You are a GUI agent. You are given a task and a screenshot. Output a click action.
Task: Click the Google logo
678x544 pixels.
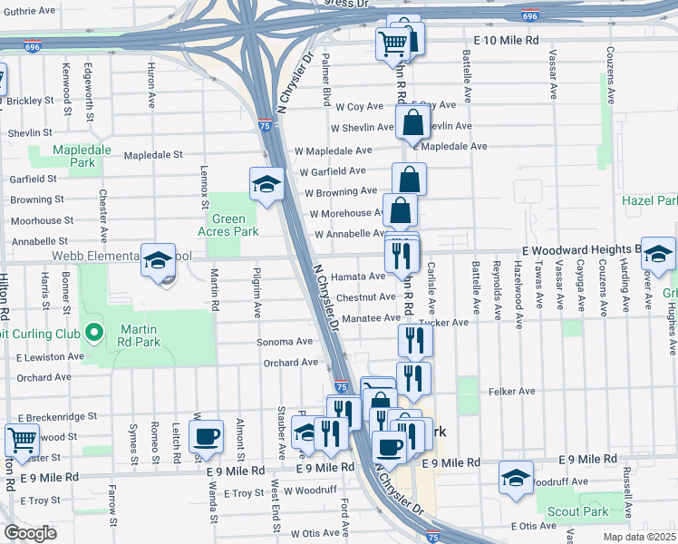(x=31, y=533)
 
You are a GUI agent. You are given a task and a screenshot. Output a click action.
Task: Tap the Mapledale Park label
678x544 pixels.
(x=74, y=156)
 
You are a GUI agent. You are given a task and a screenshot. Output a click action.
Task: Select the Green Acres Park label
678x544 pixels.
(x=229, y=225)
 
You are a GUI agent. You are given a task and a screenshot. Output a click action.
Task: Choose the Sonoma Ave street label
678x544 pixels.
(x=286, y=342)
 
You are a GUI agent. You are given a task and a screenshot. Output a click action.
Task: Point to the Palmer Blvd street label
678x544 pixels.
(x=324, y=84)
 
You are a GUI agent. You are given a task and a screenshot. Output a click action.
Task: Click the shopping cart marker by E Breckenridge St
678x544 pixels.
(x=22, y=440)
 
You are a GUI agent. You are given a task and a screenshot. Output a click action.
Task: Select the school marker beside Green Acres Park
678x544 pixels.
(x=266, y=185)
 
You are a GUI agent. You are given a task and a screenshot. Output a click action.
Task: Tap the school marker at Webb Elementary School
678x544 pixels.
(x=158, y=260)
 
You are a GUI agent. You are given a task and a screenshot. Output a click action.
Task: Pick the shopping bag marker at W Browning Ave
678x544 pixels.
(x=409, y=179)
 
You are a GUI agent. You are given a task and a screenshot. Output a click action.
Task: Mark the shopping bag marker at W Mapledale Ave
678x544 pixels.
(x=412, y=121)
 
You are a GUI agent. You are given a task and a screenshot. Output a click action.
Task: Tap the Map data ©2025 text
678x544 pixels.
(x=640, y=536)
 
